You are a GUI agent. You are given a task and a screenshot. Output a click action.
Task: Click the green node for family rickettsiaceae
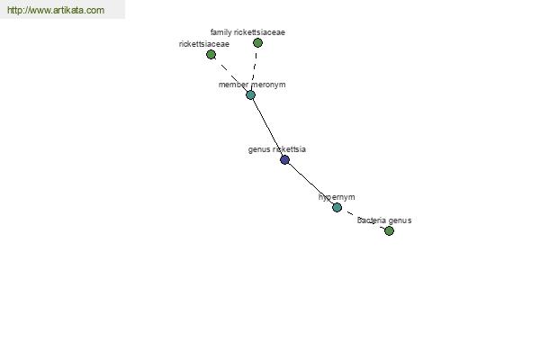pyautogui.click(x=257, y=42)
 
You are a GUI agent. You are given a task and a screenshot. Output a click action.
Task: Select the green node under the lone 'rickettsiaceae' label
pyautogui.click(x=211, y=54)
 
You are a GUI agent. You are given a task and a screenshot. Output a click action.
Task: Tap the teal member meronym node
pyautogui.click(x=251, y=95)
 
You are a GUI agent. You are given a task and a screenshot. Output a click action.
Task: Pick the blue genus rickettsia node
pyautogui.click(x=284, y=160)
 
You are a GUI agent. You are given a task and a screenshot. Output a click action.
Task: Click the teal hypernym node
pyautogui.click(x=337, y=207)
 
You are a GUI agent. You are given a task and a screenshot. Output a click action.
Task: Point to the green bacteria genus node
pyautogui.click(x=389, y=230)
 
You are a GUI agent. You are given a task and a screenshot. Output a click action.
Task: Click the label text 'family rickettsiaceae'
pyautogui.click(x=247, y=32)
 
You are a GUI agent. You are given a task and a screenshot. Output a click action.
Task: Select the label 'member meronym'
pyautogui.click(x=252, y=85)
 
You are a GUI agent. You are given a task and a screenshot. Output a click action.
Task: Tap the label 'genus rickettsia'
pyautogui.click(x=277, y=149)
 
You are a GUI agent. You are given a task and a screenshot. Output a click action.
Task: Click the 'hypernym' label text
pyautogui.click(x=337, y=197)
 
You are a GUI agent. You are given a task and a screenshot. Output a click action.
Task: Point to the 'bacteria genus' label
pyautogui.click(x=384, y=220)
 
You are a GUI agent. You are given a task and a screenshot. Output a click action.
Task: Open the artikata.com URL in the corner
pyautogui.click(x=56, y=10)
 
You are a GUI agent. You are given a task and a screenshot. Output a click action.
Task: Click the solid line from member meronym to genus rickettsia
pyautogui.click(x=267, y=128)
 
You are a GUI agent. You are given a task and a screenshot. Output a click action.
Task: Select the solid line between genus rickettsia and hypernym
pyautogui.click(x=311, y=184)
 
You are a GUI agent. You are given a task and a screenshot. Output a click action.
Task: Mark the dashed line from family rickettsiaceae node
pyautogui.click(x=254, y=69)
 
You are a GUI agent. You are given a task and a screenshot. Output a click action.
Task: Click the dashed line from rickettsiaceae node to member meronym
pyautogui.click(x=230, y=75)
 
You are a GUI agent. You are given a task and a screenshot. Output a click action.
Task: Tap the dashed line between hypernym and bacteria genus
pyautogui.click(x=363, y=219)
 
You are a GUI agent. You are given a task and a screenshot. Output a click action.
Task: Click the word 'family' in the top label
pyautogui.click(x=221, y=32)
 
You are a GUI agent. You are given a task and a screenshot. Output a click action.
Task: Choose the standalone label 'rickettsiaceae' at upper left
pyautogui.click(x=204, y=44)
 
